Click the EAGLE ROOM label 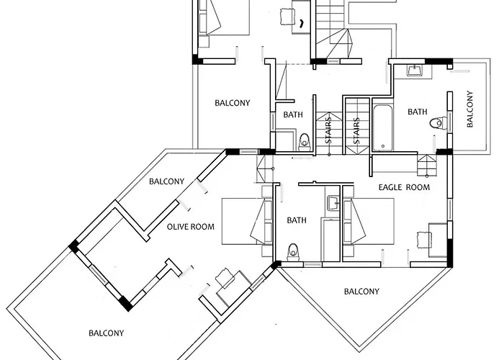(x=404, y=187)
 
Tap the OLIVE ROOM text (x=191, y=227)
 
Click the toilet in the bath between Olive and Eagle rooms (x=293, y=252)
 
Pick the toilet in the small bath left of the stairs (x=304, y=140)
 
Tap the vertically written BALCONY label (x=470, y=109)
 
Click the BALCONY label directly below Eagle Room (x=361, y=292)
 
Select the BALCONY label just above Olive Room (x=166, y=181)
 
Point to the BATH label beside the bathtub (x=418, y=112)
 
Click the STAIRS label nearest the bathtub (x=356, y=130)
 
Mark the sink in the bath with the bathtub (x=415, y=71)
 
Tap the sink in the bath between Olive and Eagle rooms (x=332, y=202)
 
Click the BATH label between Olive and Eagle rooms (x=297, y=220)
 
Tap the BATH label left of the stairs (x=293, y=114)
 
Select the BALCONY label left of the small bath (x=233, y=103)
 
